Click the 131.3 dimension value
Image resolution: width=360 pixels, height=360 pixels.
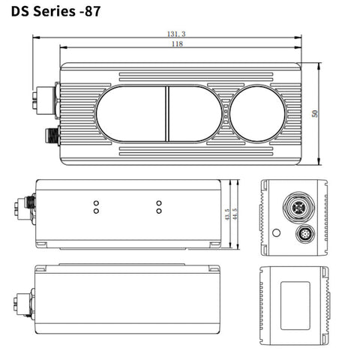[x=175, y=34]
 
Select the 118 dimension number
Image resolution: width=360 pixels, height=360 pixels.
[x=176, y=45]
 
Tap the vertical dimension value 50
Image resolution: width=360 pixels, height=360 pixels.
[x=315, y=113]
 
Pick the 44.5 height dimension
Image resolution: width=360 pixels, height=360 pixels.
[x=236, y=214]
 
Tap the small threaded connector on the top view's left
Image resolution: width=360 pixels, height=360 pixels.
[x=50, y=136]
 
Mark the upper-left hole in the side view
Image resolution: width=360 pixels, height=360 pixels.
[x=95, y=203]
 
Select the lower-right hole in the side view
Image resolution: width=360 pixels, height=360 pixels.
[x=158, y=211]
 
